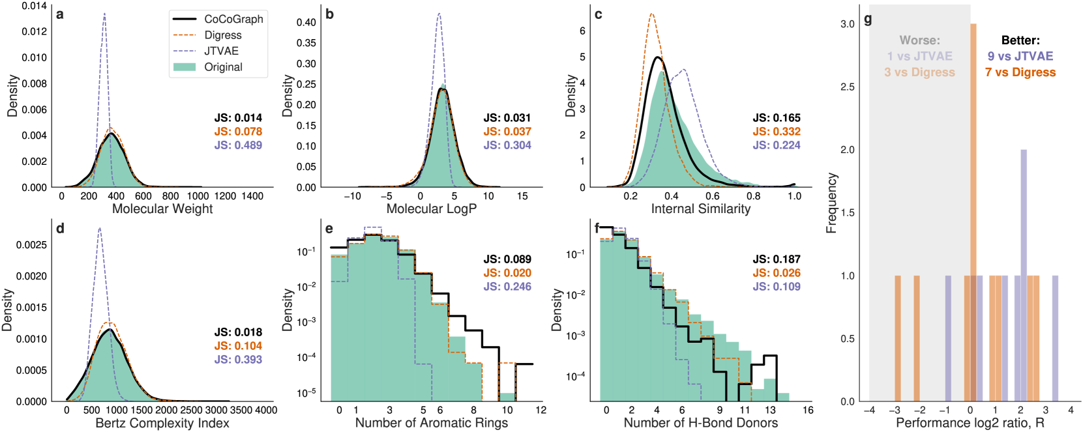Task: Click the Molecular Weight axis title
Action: [162, 209]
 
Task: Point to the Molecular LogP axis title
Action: [432, 209]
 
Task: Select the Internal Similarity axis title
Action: [701, 209]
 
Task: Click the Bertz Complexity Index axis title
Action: [162, 423]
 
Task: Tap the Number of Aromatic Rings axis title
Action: [432, 423]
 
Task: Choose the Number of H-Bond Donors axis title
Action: [701, 423]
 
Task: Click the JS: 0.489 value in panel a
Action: [238, 145]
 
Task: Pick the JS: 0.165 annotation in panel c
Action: [777, 118]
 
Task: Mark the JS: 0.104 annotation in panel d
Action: [238, 346]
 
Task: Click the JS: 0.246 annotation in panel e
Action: [507, 287]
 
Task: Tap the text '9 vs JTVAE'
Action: [1020, 57]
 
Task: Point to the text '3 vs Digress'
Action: [919, 72]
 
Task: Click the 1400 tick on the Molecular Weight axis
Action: [252, 195]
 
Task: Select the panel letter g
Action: [868, 19]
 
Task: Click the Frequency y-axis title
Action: [831, 203]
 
